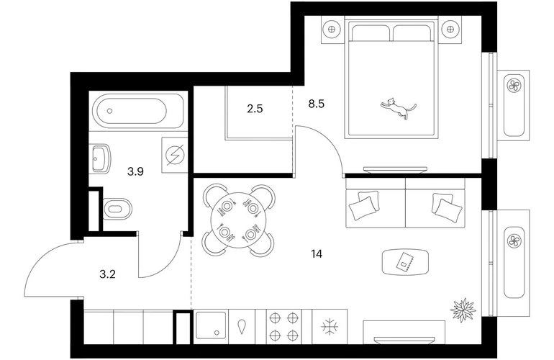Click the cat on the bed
pyautogui.click(x=398, y=108)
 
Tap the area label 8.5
pyautogui.click(x=317, y=104)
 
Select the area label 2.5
pyautogui.click(x=255, y=109)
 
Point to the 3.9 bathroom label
pyautogui.click(x=135, y=172)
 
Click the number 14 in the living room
pyautogui.click(x=317, y=253)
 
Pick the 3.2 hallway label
pyautogui.click(x=108, y=274)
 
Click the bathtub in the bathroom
pyautogui.click(x=138, y=111)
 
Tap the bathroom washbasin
pyautogui.click(x=101, y=158)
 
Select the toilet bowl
pyautogui.click(x=117, y=209)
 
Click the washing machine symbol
pyautogui.click(x=175, y=155)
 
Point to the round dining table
pyautogui.click(x=238, y=220)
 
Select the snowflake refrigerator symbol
pyautogui.click(x=330, y=326)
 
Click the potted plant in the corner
pyautogui.click(x=463, y=310)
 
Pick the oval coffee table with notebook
pyautogui.click(x=405, y=262)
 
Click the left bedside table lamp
pyautogui.click(x=332, y=30)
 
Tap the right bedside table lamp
pyautogui.click(x=450, y=30)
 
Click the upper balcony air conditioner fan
pyautogui.click(x=514, y=85)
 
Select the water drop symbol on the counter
pyautogui.click(x=242, y=327)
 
